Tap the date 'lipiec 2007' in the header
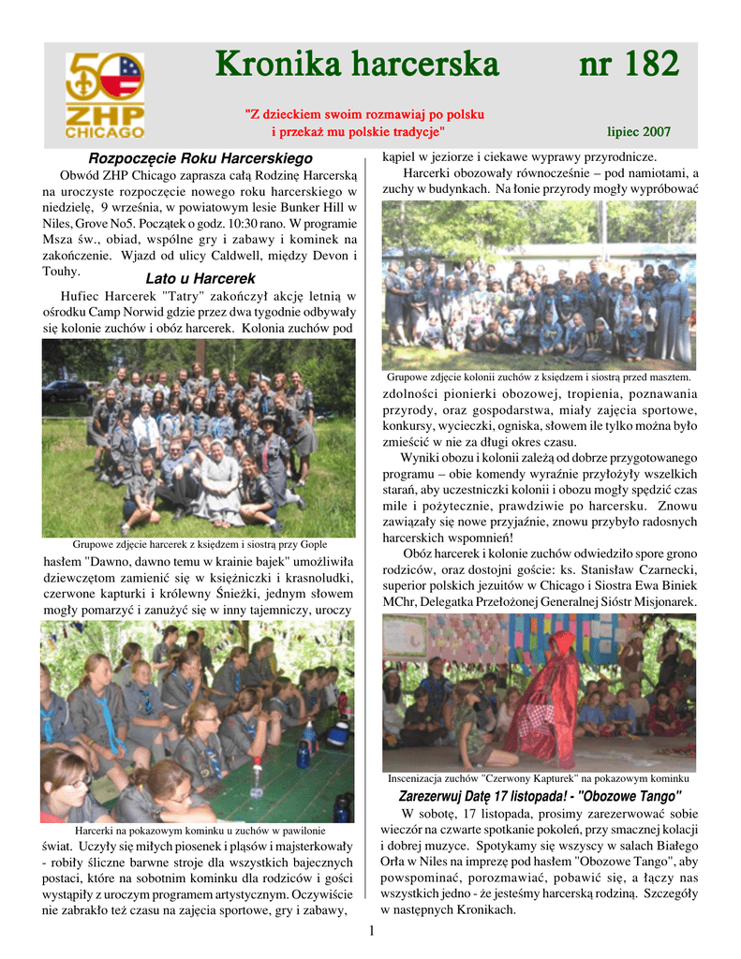click(639, 132)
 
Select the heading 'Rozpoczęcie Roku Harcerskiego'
click(200, 159)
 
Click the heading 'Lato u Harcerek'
click(200, 278)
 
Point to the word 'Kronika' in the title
click(279, 65)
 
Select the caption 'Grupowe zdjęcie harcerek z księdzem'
click(200, 544)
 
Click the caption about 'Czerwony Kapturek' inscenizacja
click(539, 778)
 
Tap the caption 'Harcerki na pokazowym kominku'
click(200, 831)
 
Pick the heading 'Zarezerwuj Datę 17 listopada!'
click(488, 797)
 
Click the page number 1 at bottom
click(371, 930)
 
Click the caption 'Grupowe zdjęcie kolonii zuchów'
click(539, 376)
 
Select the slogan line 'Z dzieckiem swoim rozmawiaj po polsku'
click(364, 114)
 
